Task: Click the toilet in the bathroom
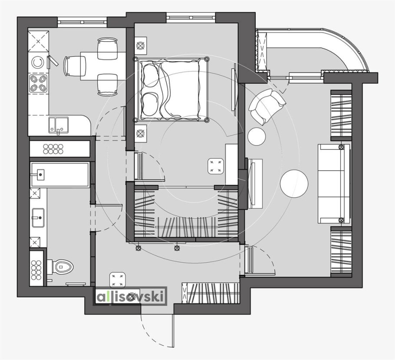tap(60, 267)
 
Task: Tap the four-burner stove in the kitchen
tap(39, 83)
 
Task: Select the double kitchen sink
tap(59, 125)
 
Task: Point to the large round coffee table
tap(294, 183)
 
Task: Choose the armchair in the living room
tap(267, 106)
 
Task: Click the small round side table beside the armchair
tap(257, 136)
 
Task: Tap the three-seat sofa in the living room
tap(334, 184)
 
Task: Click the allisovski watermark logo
tap(131, 296)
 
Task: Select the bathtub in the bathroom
tap(60, 175)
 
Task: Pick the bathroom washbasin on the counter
tap(38, 218)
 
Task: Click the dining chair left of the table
tap(75, 66)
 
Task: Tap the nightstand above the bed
tap(141, 46)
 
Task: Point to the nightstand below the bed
tap(141, 133)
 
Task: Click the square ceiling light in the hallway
tap(117, 280)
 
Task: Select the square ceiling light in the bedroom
tap(216, 166)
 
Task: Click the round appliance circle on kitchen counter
tap(37, 63)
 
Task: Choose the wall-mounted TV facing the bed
tap(234, 89)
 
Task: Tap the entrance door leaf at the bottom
tap(173, 330)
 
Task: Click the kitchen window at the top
tap(82, 22)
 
